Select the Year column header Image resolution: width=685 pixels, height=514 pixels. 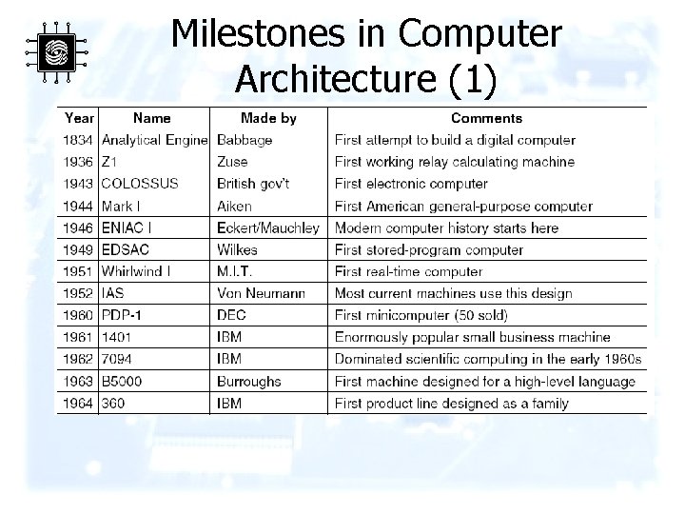(x=79, y=118)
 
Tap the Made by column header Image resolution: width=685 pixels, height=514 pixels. (x=268, y=118)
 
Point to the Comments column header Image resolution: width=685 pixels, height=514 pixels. (x=486, y=118)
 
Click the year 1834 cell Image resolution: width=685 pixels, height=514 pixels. (x=79, y=141)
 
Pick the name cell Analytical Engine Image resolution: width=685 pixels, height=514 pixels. (x=154, y=141)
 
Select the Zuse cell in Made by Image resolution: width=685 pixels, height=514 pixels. (x=232, y=162)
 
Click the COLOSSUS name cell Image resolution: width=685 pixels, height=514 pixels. (x=139, y=184)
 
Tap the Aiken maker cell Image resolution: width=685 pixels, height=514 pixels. (x=235, y=206)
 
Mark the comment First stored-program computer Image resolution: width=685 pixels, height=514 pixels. (x=428, y=249)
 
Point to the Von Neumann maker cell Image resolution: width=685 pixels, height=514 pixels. (x=261, y=293)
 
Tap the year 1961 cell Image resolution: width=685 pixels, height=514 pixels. (x=79, y=337)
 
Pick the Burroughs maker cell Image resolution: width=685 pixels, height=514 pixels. (x=249, y=381)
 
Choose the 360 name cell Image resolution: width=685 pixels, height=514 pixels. (x=114, y=403)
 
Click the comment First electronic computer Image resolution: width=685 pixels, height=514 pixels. (x=411, y=184)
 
